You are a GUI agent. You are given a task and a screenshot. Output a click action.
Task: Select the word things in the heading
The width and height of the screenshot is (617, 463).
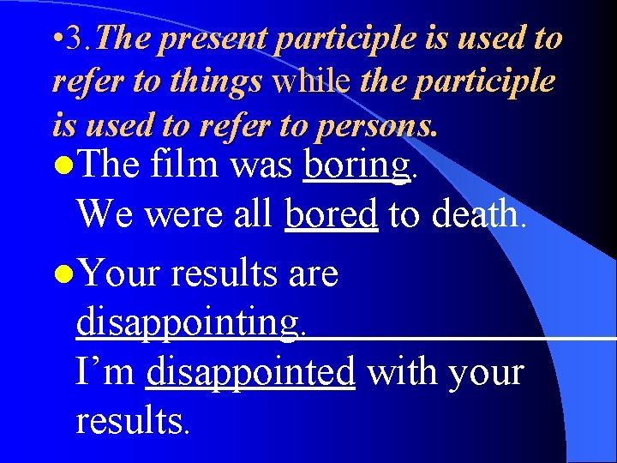220,82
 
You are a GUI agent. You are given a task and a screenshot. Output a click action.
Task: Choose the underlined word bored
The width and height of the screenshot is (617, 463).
331,213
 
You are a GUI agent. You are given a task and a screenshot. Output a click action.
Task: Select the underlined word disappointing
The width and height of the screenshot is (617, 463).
189,324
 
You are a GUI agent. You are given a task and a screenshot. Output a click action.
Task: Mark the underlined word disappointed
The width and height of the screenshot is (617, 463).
250,373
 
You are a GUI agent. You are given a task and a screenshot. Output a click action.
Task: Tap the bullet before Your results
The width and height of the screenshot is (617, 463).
61,275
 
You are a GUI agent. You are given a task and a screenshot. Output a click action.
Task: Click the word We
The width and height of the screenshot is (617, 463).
105,213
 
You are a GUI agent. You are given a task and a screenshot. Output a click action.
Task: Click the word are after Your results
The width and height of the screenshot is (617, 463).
313,275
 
